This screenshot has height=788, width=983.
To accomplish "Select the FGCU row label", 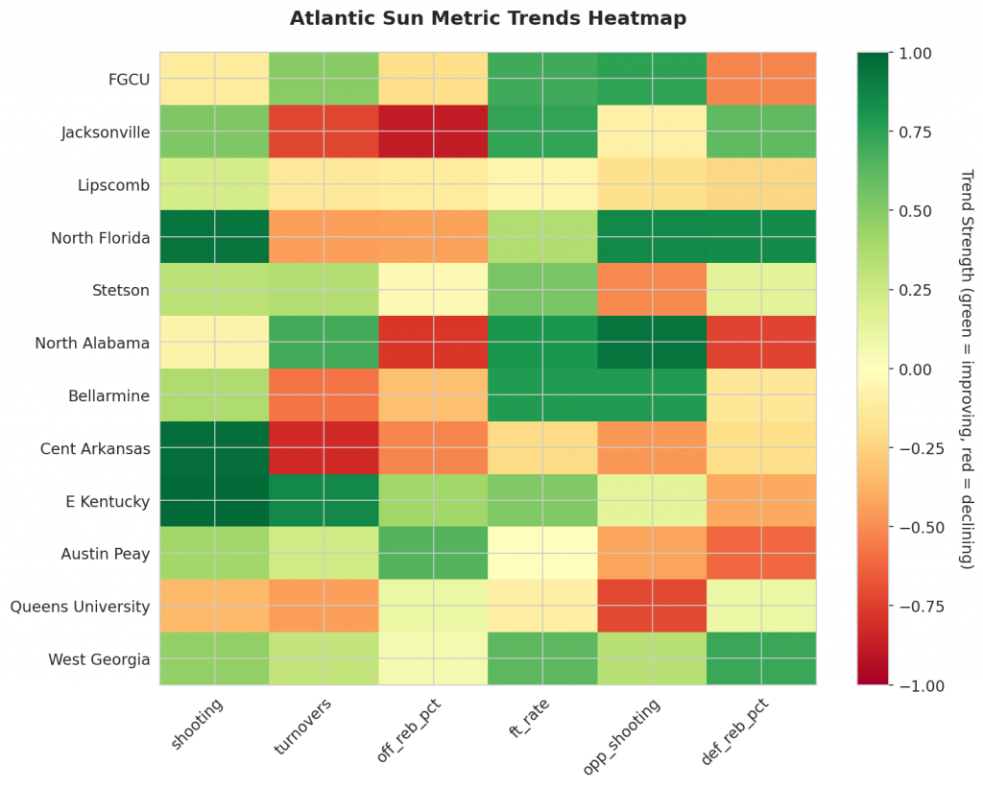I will pyautogui.click(x=130, y=79).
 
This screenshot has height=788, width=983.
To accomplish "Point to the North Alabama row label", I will pyautogui.click(x=92, y=343).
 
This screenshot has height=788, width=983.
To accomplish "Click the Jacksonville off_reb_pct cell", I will pyautogui.click(x=433, y=131).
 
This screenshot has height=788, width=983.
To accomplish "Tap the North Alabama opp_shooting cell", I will pyautogui.click(x=652, y=343).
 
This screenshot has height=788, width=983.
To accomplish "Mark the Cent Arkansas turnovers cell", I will pyautogui.click(x=324, y=448).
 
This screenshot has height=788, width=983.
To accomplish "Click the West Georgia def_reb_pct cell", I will pyautogui.click(x=761, y=659).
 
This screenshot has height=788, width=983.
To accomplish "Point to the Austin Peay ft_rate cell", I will pyautogui.click(x=542, y=554).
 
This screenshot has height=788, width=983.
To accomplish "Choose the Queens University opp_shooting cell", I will pyautogui.click(x=652, y=607).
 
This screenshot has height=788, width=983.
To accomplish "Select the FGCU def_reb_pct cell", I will pyautogui.click(x=761, y=79).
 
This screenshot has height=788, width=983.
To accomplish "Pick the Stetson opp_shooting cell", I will pyautogui.click(x=652, y=290).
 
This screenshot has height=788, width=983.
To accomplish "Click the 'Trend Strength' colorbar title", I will pyautogui.click(x=966, y=370).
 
